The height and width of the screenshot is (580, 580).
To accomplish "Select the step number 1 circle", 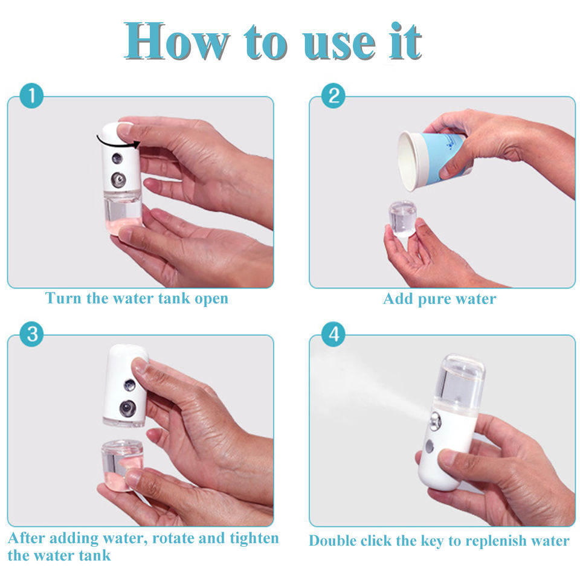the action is tap(31, 96).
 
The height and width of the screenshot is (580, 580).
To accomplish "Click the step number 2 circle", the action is tap(333, 96).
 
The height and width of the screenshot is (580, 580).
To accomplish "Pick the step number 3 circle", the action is tap(31, 334).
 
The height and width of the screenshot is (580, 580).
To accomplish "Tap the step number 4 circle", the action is tap(333, 334).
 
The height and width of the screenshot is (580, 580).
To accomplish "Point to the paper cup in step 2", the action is tap(431, 159).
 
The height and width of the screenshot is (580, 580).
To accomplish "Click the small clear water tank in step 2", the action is tap(402, 218).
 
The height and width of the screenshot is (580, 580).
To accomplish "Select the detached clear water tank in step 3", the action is tap(122, 465).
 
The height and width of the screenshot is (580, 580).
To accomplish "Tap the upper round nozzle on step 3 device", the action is tap(129, 385).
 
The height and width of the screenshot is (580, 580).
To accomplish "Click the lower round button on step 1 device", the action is tap(118, 180).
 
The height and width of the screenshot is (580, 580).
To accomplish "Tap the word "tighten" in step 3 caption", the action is tap(254, 538).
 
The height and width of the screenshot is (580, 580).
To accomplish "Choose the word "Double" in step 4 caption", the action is tap(332, 540).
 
